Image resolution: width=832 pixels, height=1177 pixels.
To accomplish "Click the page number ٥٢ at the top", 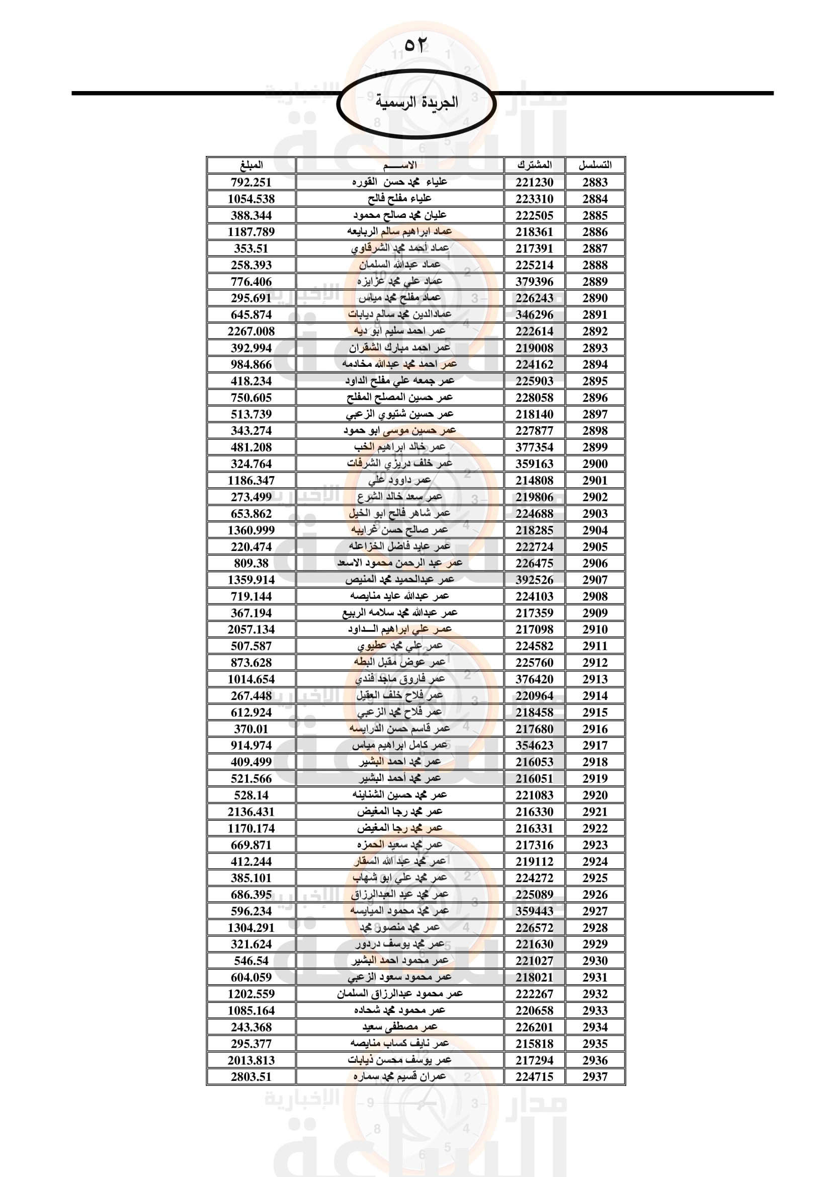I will (415, 45).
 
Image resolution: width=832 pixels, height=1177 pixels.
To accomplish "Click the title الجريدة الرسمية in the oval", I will (417, 102).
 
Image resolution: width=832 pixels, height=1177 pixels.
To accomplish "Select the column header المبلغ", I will (251, 165).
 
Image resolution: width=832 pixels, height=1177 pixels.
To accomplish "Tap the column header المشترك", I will (534, 165).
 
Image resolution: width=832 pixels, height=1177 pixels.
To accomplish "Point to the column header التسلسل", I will (595, 165).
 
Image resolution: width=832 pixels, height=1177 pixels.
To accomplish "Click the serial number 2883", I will (595, 182).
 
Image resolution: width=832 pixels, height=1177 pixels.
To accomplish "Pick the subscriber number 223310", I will (534, 199).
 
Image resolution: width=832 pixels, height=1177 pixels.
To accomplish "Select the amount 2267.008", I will (251, 331).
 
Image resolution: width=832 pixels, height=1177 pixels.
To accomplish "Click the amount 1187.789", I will (251, 231).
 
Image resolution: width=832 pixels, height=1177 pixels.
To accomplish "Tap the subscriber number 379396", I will (534, 281).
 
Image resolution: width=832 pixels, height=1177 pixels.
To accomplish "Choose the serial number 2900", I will (595, 464).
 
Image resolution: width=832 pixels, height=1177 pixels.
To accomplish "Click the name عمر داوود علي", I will (399, 481).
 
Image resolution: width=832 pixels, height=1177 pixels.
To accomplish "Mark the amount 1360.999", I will (251, 530).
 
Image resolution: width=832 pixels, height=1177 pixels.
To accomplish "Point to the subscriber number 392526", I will (534, 580).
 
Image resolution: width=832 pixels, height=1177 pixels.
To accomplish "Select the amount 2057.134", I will (251, 630).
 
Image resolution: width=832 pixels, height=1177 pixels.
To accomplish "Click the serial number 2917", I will (595, 745).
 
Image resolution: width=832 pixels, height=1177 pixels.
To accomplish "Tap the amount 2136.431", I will (251, 812).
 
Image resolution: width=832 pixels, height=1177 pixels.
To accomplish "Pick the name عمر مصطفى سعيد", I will (399, 1027).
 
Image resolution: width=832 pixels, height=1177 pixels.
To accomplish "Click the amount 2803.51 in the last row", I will (251, 1076).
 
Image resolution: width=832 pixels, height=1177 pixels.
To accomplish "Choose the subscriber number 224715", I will (534, 1076).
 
